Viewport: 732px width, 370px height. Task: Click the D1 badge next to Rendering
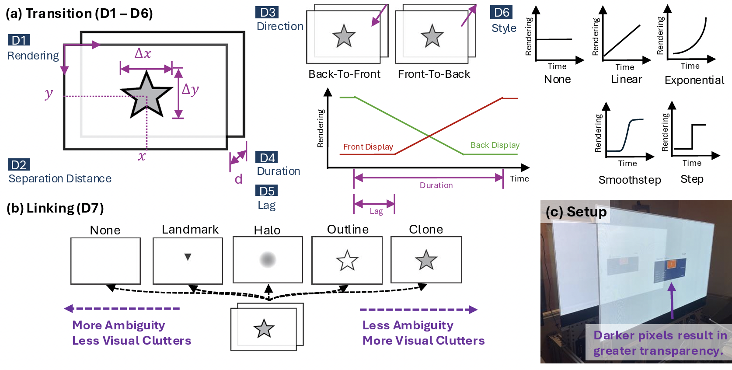point(19,40)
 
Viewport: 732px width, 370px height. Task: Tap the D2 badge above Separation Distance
point(19,165)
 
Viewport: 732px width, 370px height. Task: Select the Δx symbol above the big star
point(143,53)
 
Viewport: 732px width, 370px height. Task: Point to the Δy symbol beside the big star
point(190,89)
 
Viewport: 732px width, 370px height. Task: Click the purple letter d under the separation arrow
point(238,179)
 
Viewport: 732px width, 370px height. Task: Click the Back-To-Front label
point(344,74)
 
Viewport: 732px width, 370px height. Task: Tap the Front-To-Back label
point(434,74)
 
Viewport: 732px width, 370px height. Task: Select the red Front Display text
point(368,147)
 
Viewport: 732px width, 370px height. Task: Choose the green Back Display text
point(495,145)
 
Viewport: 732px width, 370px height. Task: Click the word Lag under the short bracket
point(376,211)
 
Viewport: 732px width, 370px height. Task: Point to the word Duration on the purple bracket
point(436,185)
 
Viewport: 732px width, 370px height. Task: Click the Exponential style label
point(694,80)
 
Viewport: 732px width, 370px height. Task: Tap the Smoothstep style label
point(629,180)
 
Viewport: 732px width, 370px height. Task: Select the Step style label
point(692,179)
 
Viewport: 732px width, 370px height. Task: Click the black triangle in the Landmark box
point(188,257)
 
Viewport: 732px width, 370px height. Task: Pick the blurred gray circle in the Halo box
point(268,260)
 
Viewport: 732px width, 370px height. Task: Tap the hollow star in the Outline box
point(347,261)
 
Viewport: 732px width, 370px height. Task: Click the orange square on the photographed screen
point(671,264)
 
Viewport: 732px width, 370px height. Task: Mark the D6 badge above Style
point(501,12)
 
